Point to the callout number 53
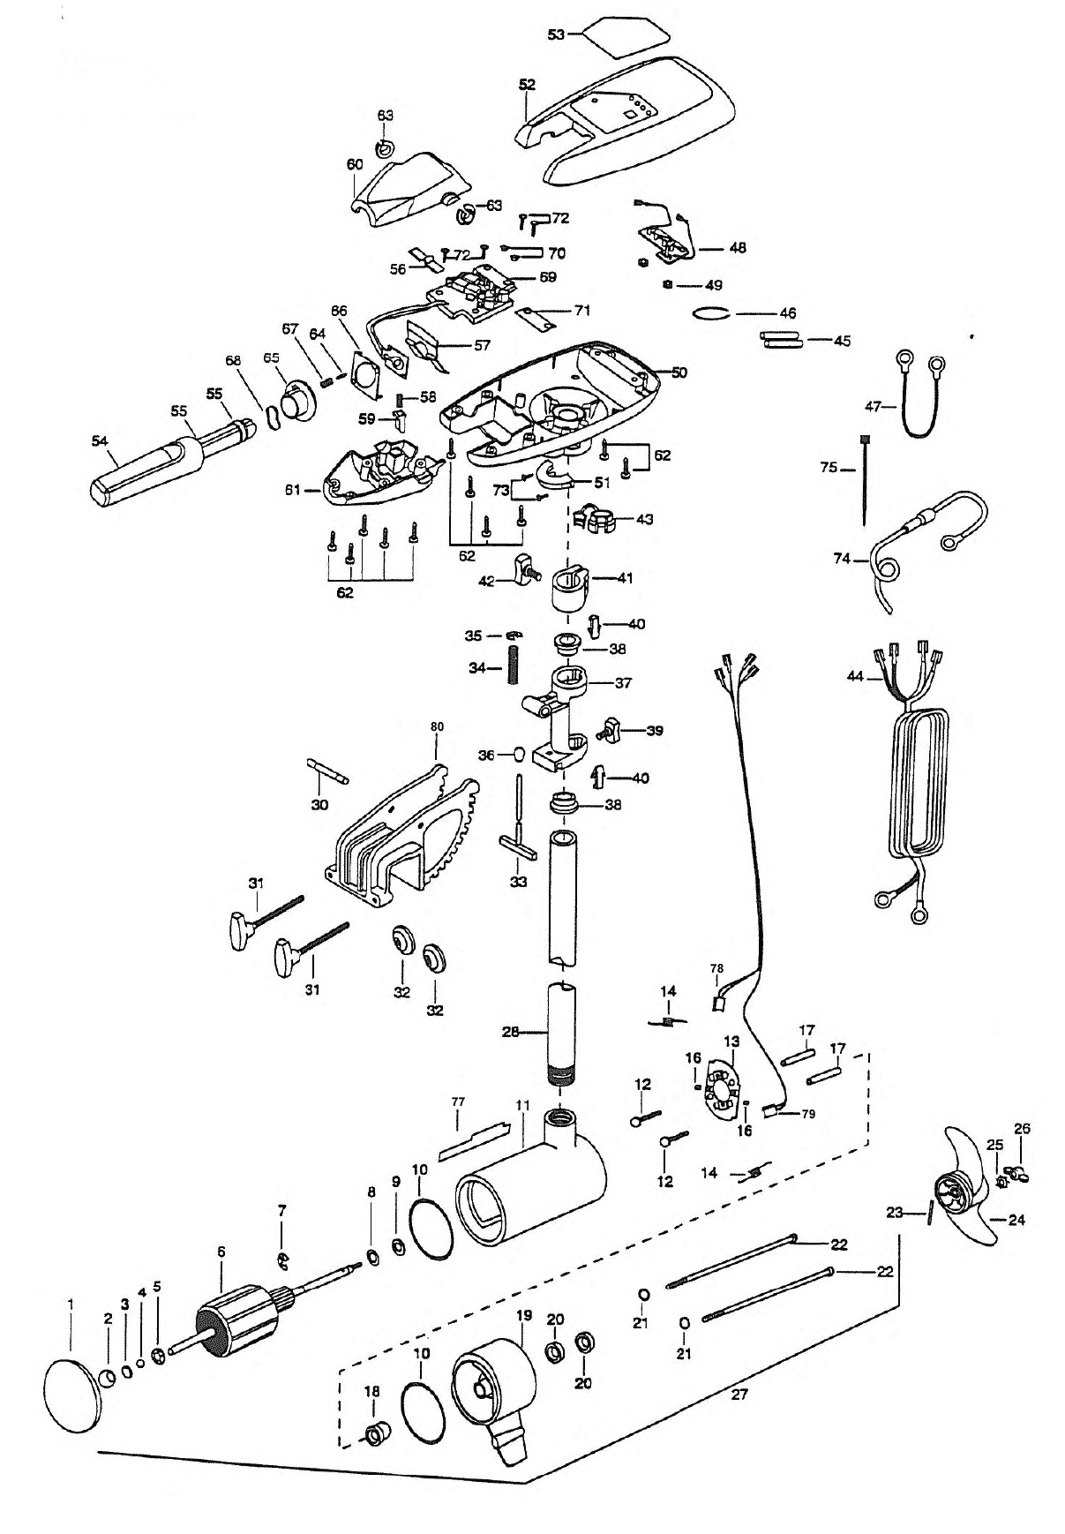556,34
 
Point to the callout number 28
510,1031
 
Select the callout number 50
679,372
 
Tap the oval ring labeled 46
711,312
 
